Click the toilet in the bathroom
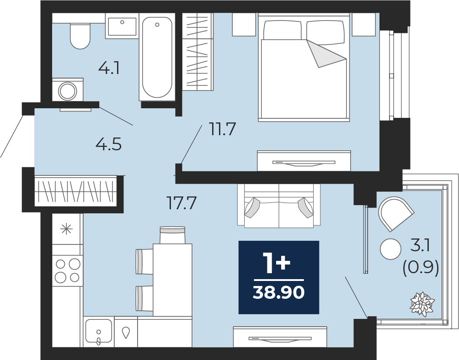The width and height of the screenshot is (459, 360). coord(80,36)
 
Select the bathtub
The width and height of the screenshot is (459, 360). coord(157,57)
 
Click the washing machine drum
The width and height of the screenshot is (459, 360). coord(68,91)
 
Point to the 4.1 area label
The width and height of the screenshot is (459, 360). coord(109,69)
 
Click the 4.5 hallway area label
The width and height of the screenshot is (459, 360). coord(109,144)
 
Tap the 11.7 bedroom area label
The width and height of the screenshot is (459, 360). coord(222,129)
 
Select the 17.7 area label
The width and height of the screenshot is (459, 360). coord(181,203)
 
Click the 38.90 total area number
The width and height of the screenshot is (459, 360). coord(279,292)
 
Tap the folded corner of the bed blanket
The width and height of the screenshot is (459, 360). coord(325,54)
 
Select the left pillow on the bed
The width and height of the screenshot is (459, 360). coord(283,30)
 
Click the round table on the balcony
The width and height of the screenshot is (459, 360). coord(390,249)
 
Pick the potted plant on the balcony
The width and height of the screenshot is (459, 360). coord(422,303)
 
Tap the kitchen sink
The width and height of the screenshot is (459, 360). coord(98,331)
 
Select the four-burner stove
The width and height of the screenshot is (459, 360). coord(68,270)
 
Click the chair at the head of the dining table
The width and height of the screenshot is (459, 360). coord(172,235)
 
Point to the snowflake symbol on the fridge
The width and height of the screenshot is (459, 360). coord(66,229)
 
